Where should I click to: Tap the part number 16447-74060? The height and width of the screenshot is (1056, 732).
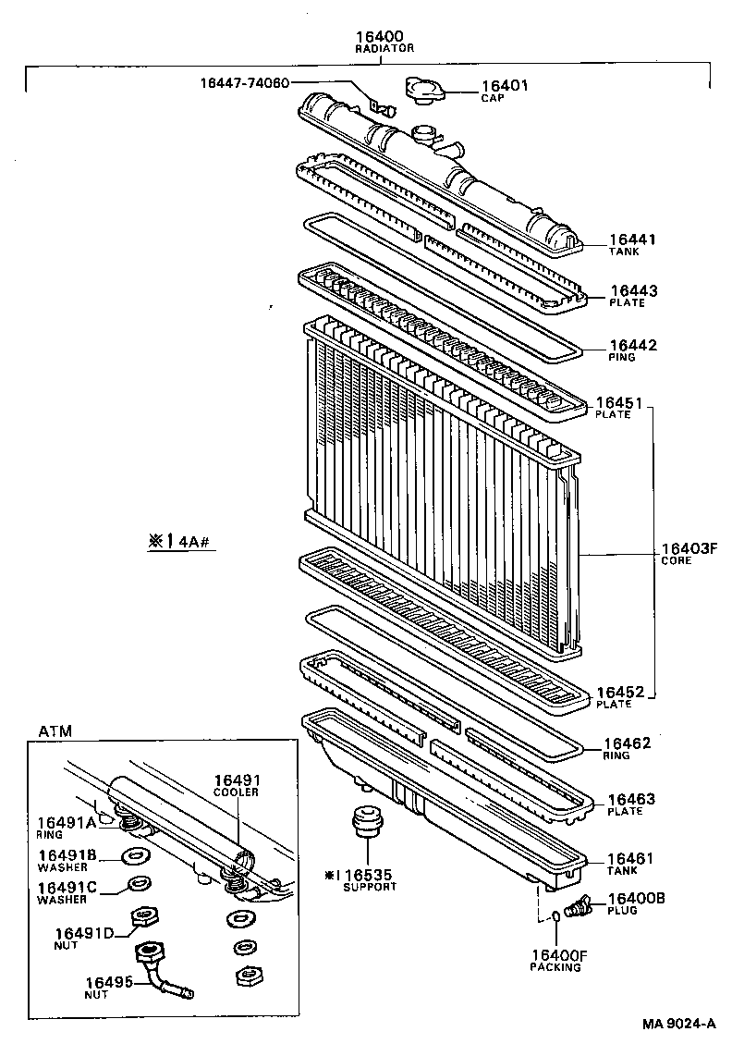pyautogui.click(x=245, y=82)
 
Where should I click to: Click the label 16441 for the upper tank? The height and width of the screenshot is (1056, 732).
pyautogui.click(x=631, y=239)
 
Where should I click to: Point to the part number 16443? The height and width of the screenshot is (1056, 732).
pyautogui.click(x=632, y=290)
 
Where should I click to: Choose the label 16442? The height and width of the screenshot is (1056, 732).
pyautogui.click(x=632, y=345)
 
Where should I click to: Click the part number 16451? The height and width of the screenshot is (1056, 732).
pyautogui.click(x=618, y=402)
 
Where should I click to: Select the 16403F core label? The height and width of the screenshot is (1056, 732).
pyautogui.click(x=689, y=548)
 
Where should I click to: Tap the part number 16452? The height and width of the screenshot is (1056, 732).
pyautogui.click(x=618, y=692)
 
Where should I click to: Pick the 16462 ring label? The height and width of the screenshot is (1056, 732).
pyautogui.click(x=628, y=743)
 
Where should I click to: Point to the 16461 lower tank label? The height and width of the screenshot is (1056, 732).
pyautogui.click(x=630, y=859)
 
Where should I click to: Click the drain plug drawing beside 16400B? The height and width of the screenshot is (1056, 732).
pyautogui.click(x=578, y=907)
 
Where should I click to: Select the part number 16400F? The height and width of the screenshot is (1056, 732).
pyautogui.click(x=556, y=954)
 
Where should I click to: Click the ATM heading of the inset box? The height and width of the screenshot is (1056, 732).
pyautogui.click(x=55, y=731)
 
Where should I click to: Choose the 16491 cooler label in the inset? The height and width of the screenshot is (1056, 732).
pyautogui.click(x=237, y=780)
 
